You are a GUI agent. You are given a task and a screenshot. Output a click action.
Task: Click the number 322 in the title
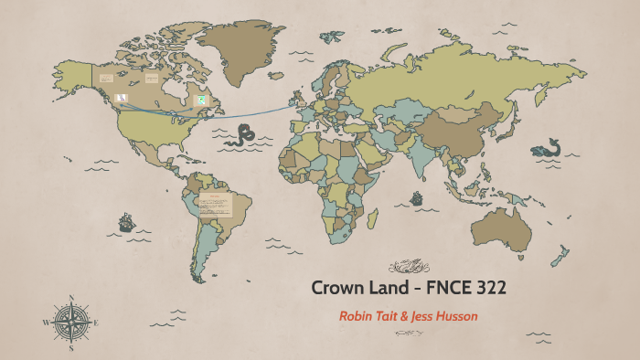pyautogui.click(x=487, y=288)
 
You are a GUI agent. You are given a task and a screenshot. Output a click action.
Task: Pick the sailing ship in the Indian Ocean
pyautogui.click(x=417, y=197)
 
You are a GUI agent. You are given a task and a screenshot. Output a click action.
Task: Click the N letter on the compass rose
pyautogui.click(x=70, y=298)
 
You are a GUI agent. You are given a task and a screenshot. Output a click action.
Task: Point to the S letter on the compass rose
pyautogui.click(x=70, y=348)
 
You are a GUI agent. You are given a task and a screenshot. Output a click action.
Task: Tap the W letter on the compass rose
pyautogui.click(x=46, y=323)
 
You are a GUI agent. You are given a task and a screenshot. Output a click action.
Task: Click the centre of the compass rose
pyautogui.click(x=70, y=323)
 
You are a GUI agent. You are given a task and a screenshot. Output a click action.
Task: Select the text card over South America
pyautogui.click(x=217, y=205)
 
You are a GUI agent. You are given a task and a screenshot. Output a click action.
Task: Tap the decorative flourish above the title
pyautogui.click(x=408, y=267)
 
